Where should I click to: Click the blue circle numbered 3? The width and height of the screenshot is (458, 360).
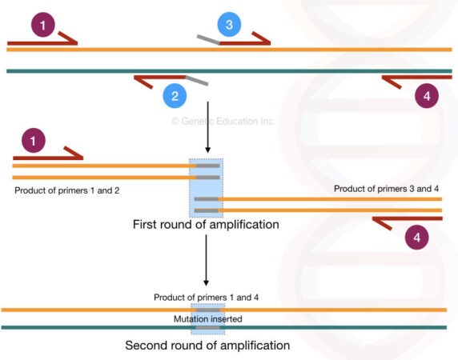(229, 25)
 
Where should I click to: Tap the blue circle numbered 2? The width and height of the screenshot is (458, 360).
(175, 98)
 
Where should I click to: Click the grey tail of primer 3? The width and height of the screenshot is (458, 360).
(208, 38)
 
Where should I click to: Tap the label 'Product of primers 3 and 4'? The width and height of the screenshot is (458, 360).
(387, 189)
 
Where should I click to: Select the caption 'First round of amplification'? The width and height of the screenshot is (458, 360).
(206, 225)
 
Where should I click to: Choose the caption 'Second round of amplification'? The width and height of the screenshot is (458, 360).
(207, 346)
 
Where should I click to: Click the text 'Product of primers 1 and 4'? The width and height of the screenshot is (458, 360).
(207, 298)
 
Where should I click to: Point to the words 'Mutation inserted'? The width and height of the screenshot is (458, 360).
(207, 318)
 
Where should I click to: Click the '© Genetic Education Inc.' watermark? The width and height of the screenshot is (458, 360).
(223, 122)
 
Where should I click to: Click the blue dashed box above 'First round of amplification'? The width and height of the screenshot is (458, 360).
(207, 188)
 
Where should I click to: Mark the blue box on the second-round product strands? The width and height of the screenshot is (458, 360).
(207, 318)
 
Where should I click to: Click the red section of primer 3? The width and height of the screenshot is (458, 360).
(246, 38)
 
